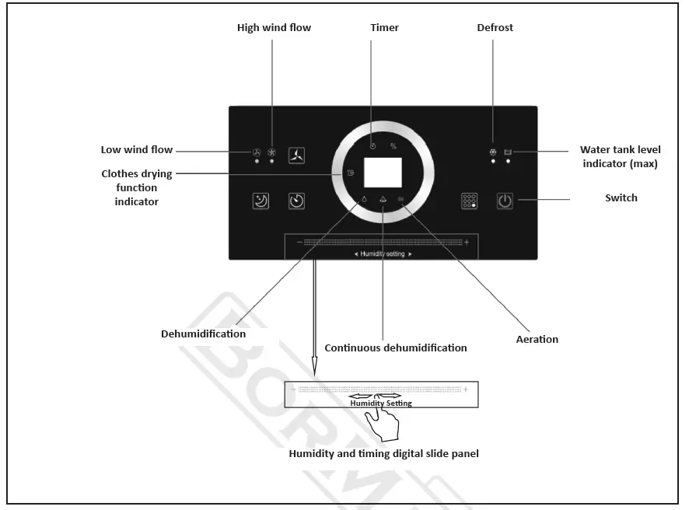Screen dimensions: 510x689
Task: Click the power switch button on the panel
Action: tap(505, 200)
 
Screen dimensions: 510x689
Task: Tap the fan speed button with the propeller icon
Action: tap(297, 155)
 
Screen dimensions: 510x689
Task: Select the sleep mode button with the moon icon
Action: tap(261, 201)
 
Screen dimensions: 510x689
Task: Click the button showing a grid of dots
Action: tap(469, 200)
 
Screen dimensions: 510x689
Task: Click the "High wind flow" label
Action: tap(274, 28)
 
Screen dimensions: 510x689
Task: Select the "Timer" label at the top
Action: tap(384, 28)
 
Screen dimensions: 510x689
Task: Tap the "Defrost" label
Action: tap(495, 28)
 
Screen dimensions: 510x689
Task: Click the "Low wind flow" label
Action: tap(137, 149)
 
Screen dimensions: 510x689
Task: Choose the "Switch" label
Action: tap(621, 198)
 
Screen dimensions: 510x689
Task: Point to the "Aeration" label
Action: tap(537, 339)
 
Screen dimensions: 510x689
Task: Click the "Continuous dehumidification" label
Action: tap(396, 348)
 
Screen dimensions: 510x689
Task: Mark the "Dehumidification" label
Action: tap(203, 334)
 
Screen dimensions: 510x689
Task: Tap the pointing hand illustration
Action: tap(383, 424)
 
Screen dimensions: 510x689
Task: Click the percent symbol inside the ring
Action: tap(393, 146)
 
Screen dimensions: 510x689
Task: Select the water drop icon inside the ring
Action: tap(364, 200)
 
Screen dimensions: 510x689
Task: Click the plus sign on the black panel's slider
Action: tap(467, 243)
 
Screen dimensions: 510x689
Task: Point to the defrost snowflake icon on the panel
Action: tap(493, 152)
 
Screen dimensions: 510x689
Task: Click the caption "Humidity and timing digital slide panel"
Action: tap(383, 453)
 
